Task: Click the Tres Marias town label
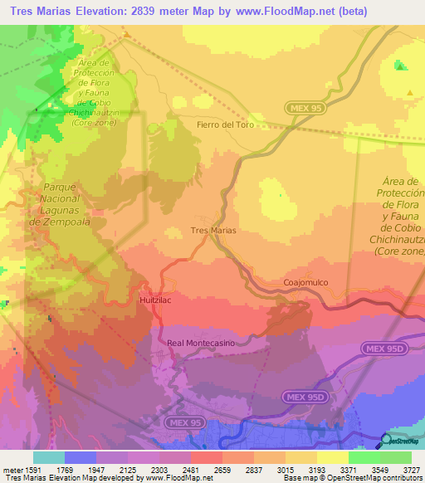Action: click(213, 230)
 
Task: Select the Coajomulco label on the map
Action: click(305, 282)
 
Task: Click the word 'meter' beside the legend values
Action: click(12, 470)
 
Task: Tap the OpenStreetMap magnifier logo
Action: click(387, 440)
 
